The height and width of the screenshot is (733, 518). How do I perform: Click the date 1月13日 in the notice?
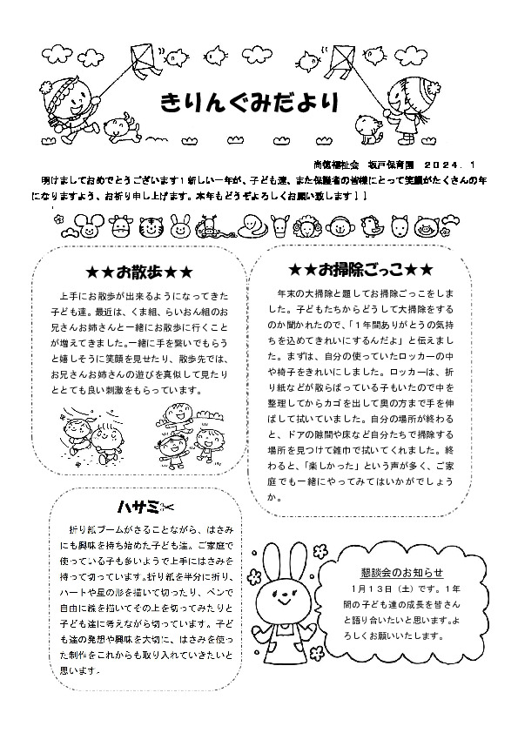[x=365, y=589]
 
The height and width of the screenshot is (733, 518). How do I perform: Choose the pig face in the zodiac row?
[x=426, y=229]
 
